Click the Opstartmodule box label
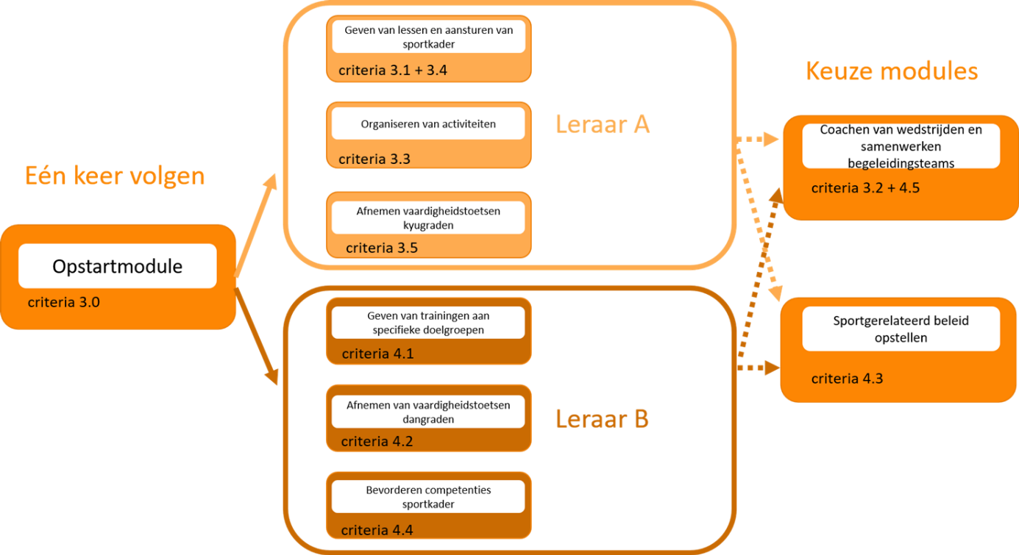[118, 266]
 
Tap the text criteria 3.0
[64, 301]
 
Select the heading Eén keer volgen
[114, 176]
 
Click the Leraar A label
[603, 124]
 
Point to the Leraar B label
[602, 419]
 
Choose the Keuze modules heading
[892, 71]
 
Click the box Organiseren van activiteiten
[428, 124]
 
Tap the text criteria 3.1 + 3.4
[393, 71]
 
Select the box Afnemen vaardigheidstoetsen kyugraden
[428, 218]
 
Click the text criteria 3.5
[382, 248]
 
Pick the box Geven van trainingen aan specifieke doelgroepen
[428, 323]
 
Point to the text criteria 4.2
[377, 441]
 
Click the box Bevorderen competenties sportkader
[428, 497]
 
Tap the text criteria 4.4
[377, 530]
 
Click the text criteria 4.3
[848, 379]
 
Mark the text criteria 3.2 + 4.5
[865, 188]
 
